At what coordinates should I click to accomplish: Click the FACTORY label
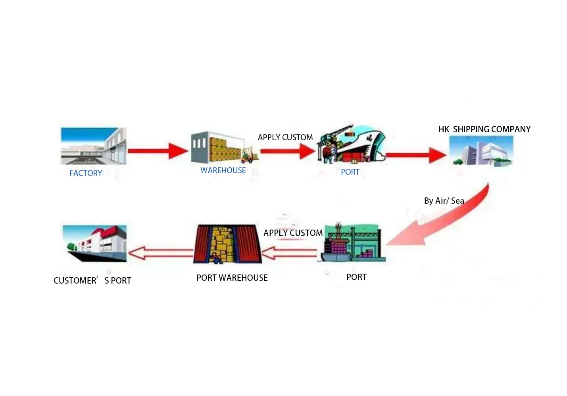pyautogui.click(x=86, y=173)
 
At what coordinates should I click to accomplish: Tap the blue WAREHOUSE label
pyautogui.click(x=223, y=170)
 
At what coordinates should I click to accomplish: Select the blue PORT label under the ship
pyautogui.click(x=350, y=172)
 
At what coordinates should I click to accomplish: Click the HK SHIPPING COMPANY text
pyautogui.click(x=484, y=129)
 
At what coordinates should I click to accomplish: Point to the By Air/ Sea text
pyautogui.click(x=444, y=201)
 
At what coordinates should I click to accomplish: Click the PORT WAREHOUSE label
pyautogui.click(x=232, y=278)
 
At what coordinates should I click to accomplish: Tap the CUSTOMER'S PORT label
pyautogui.click(x=92, y=280)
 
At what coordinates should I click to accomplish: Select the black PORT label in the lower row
pyautogui.click(x=356, y=277)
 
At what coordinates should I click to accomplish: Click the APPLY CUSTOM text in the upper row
pyautogui.click(x=285, y=137)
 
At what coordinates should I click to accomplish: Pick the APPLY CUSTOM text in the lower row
pyautogui.click(x=293, y=233)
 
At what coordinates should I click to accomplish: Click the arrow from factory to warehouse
pyautogui.click(x=158, y=151)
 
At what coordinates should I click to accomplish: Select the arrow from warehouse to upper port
pyautogui.click(x=288, y=151)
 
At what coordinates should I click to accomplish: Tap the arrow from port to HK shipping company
pyautogui.click(x=416, y=155)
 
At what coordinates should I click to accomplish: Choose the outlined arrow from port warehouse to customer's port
pyautogui.click(x=161, y=253)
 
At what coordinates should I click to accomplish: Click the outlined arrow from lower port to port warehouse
pyautogui.click(x=289, y=253)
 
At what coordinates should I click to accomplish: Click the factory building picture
pyautogui.click(x=94, y=146)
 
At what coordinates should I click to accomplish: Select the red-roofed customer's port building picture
pyautogui.click(x=94, y=243)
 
